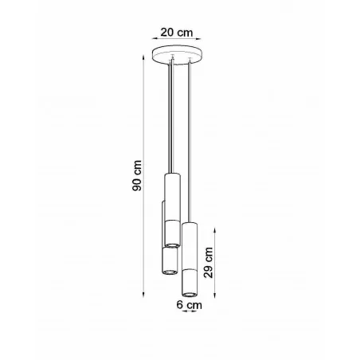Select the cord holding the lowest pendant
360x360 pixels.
coord(189,143)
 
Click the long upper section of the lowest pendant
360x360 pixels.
coord(190,246)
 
